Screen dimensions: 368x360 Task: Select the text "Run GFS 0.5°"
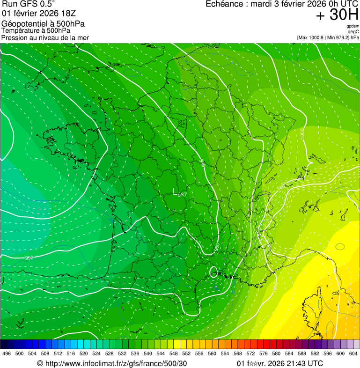29,4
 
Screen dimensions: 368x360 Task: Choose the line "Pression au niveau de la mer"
45,37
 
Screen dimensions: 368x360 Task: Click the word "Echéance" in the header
223,4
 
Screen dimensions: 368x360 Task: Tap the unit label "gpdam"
353,26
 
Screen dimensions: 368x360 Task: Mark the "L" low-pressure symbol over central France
175,191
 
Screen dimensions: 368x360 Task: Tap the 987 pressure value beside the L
182,195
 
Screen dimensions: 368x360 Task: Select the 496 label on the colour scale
7,353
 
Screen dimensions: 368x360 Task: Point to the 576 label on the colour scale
264,353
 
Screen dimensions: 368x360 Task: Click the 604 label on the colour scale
353,353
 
